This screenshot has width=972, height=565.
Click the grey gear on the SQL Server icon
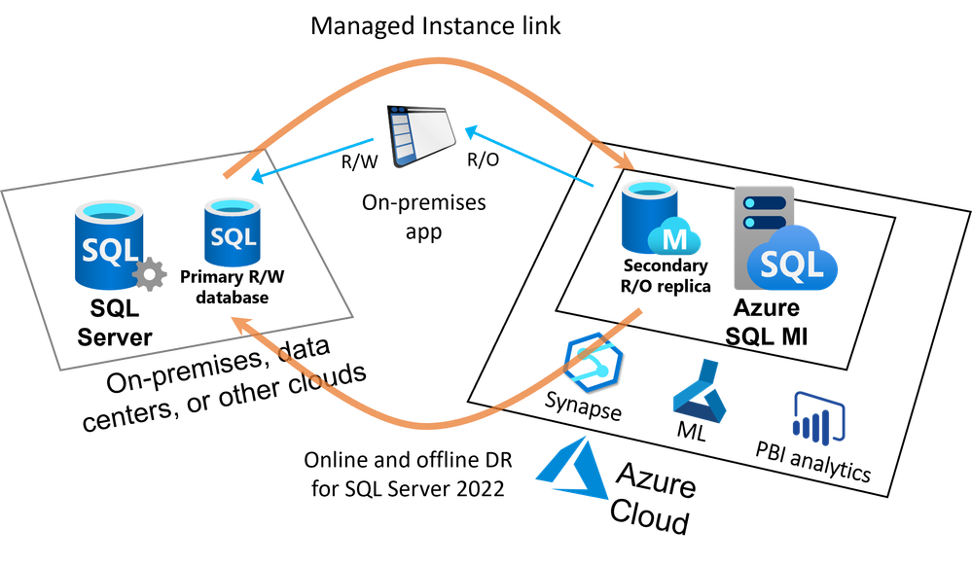[x=149, y=275]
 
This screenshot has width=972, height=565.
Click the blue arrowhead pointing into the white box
[x=258, y=177]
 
